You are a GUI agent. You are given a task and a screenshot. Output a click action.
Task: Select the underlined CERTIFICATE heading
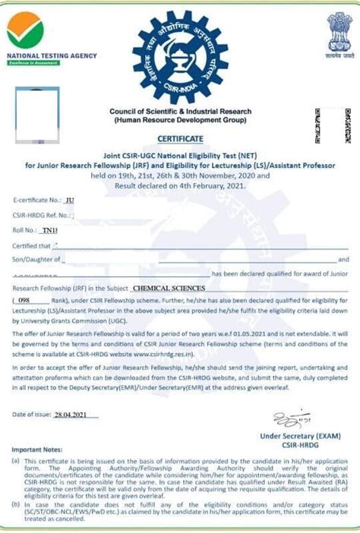180,139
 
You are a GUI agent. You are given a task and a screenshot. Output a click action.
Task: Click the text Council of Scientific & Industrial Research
180,112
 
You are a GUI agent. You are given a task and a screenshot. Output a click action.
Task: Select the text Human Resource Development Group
180,121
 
